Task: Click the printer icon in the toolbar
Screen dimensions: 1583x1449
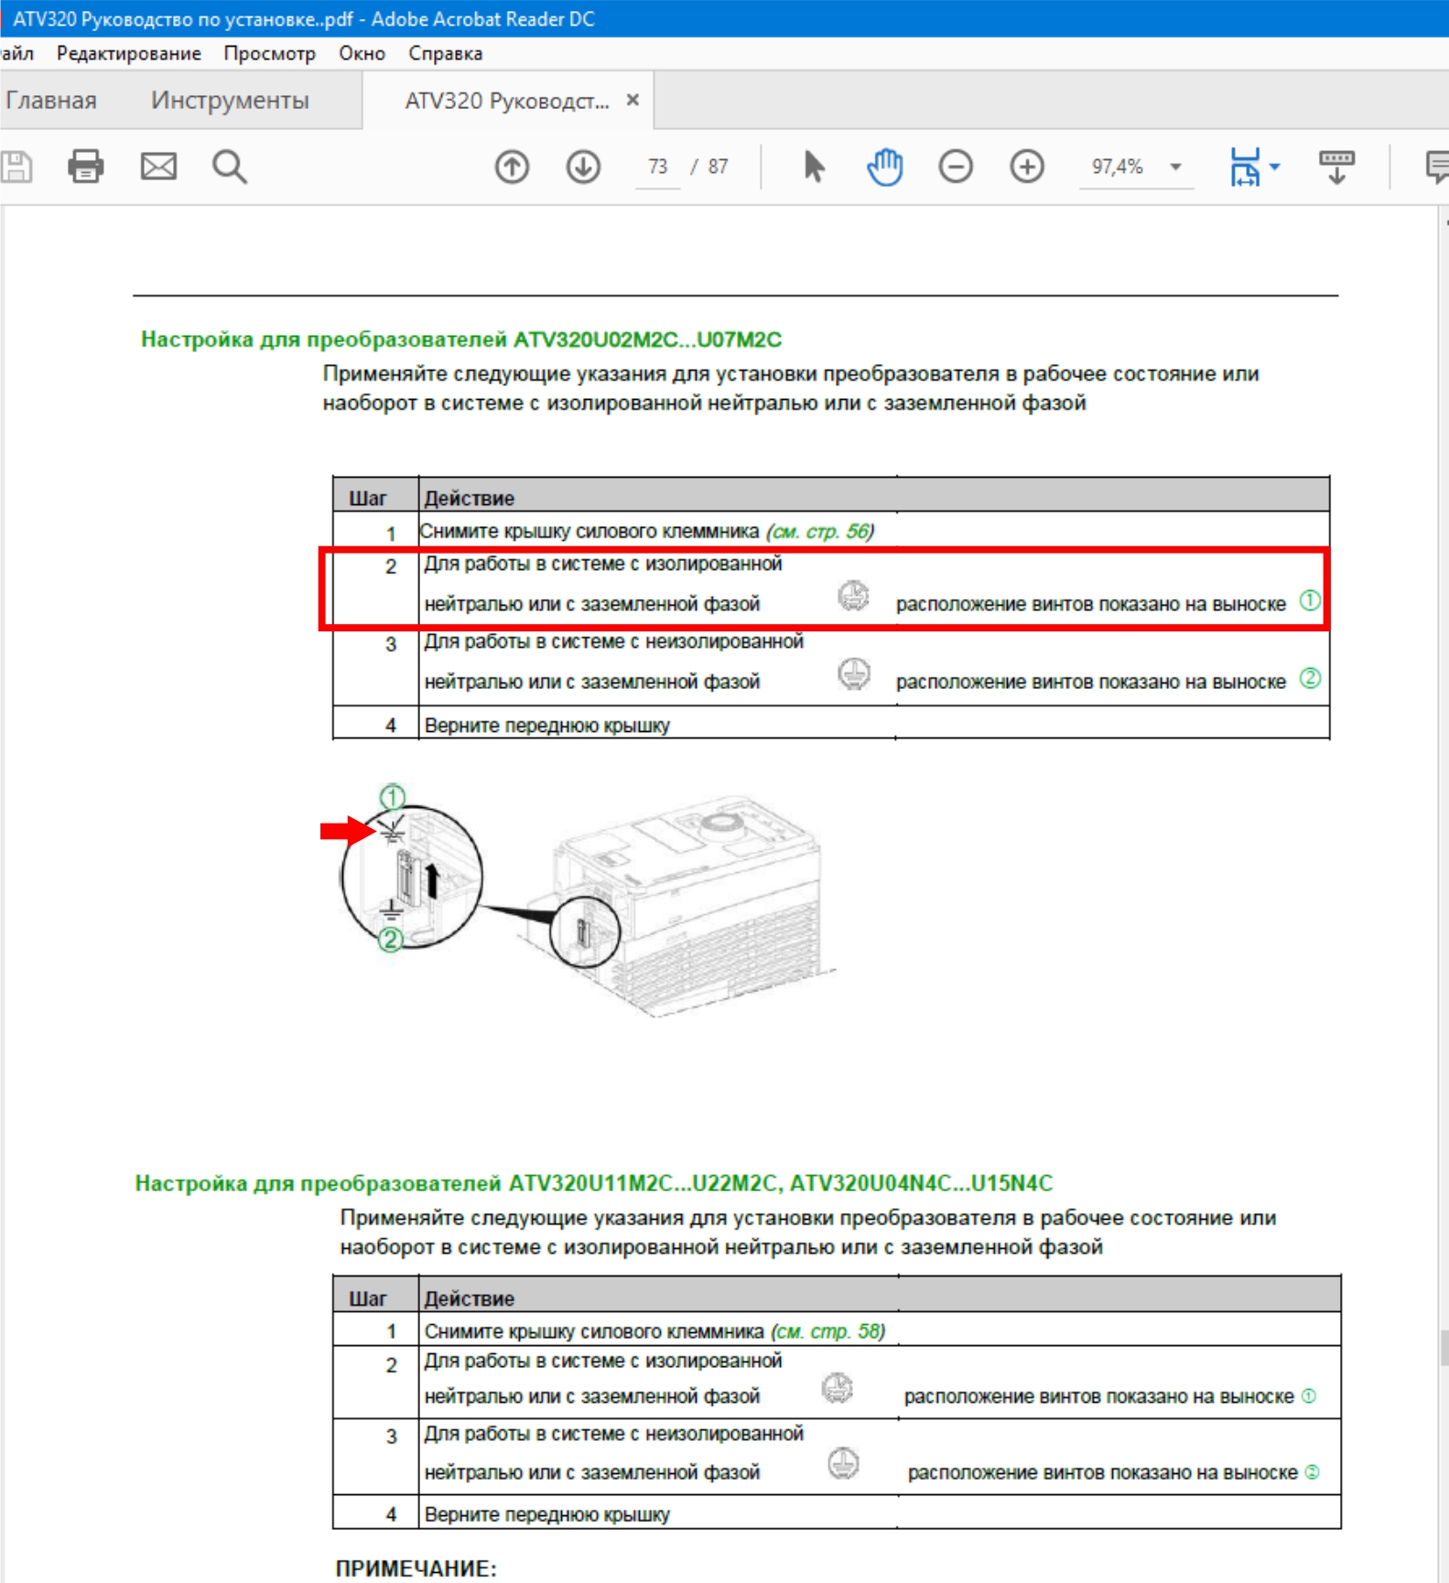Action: tap(86, 167)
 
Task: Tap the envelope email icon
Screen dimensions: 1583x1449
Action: tap(158, 167)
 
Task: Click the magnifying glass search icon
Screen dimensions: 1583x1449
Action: tap(229, 167)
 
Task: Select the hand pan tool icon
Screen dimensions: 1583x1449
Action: tap(884, 167)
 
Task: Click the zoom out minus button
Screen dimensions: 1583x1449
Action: tap(956, 167)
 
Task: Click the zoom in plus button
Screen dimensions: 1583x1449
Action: tap(1027, 167)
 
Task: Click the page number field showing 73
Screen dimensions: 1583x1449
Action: tap(658, 167)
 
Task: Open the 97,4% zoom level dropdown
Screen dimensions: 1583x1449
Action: tap(1175, 167)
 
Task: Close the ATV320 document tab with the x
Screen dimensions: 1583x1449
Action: tap(633, 100)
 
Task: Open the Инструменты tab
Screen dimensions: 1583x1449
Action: tap(230, 100)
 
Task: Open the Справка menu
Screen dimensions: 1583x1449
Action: tap(445, 53)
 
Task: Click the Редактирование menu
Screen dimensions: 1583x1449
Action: tap(128, 53)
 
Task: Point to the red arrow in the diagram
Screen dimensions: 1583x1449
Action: tap(346, 830)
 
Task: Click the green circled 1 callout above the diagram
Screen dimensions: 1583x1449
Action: tap(393, 796)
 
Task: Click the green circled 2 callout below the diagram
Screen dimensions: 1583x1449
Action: tap(391, 940)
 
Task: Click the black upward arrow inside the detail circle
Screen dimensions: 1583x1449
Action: tap(432, 880)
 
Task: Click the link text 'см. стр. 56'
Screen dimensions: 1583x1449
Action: tap(820, 531)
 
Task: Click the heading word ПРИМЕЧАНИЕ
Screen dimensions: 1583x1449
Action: tap(416, 1568)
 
